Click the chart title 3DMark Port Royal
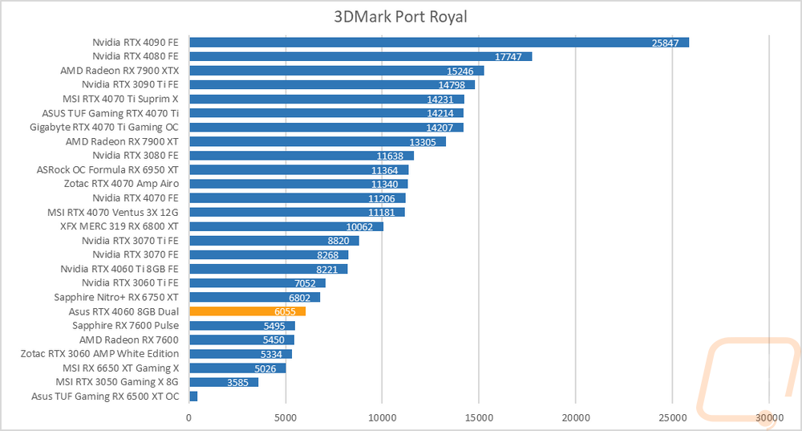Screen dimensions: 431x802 point(400,17)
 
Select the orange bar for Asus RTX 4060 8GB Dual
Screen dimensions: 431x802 point(247,311)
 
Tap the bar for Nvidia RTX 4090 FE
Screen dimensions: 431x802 point(439,43)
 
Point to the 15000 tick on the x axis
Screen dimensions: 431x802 point(479,417)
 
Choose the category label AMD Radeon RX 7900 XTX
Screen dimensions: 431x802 point(119,71)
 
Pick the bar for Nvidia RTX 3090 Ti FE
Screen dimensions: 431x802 point(331,84)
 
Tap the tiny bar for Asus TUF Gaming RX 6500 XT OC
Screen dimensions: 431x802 point(193,396)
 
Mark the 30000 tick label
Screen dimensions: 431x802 point(768,417)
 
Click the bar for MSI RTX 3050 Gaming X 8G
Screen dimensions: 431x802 point(223,382)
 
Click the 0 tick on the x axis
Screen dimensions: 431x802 point(189,417)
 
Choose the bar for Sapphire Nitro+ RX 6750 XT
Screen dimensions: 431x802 point(254,297)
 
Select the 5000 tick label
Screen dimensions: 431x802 point(286,417)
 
